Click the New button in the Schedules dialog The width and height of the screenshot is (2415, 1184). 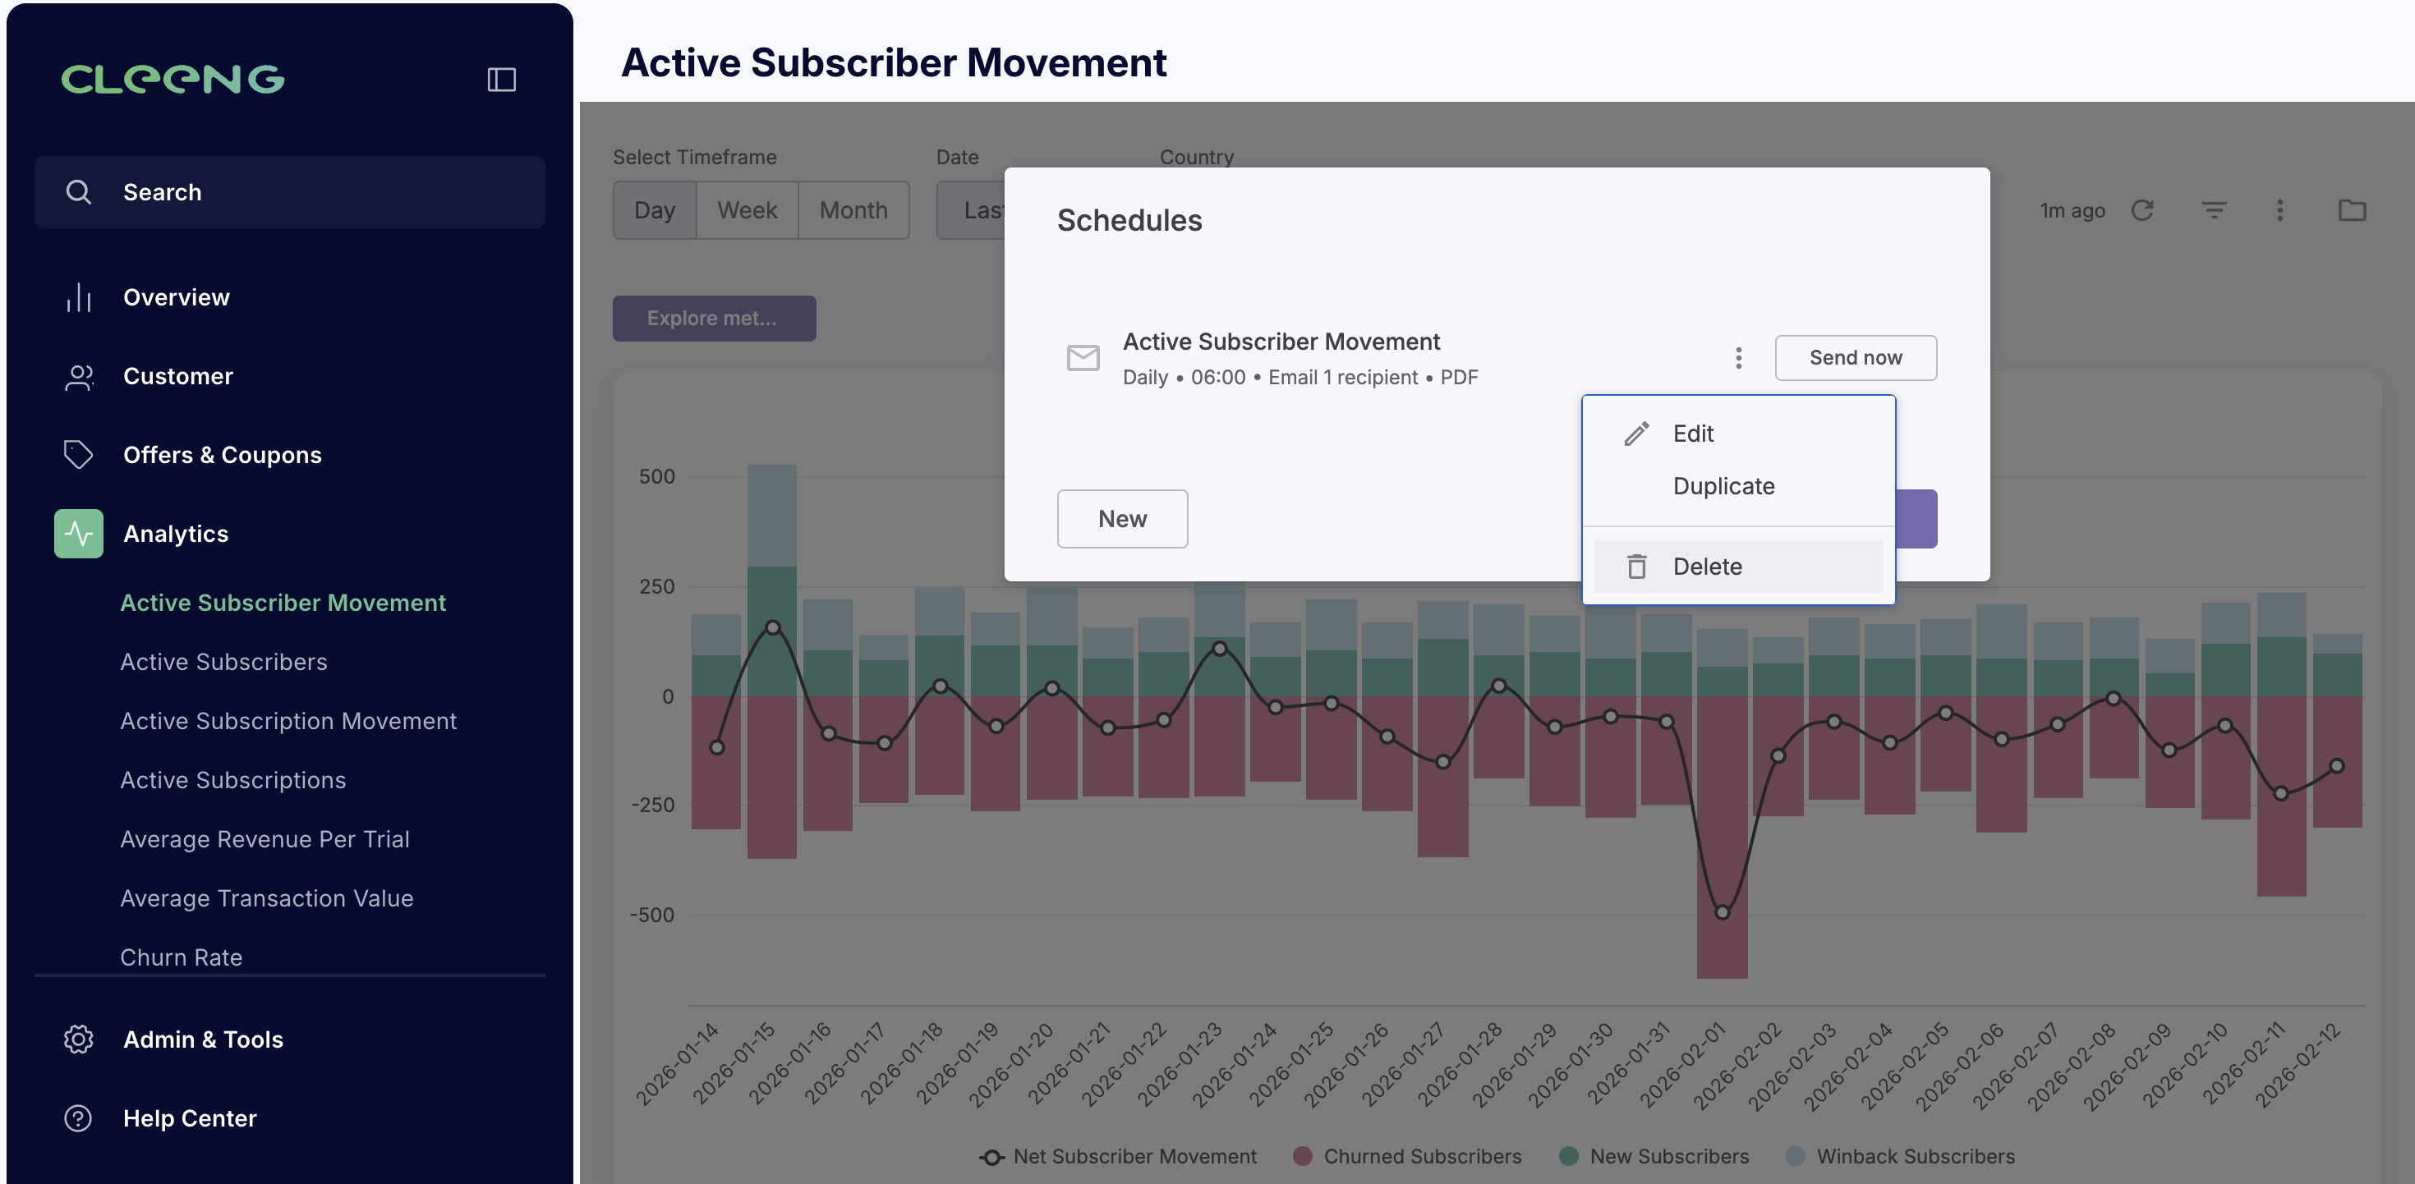pos(1122,518)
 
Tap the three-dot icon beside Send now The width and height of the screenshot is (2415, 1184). pos(1738,357)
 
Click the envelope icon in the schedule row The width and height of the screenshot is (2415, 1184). pos(1083,357)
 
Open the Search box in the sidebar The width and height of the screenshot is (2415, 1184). pos(290,192)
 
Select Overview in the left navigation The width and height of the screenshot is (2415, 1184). pos(177,297)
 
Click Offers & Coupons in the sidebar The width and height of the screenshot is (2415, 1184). pos(222,455)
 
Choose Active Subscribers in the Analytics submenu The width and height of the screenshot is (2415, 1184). pos(223,662)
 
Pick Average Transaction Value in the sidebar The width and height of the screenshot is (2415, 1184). pos(266,898)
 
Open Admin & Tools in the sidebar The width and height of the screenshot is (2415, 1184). pos(203,1039)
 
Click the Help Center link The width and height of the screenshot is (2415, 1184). pos(190,1118)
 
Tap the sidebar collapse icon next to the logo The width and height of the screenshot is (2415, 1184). pos(502,80)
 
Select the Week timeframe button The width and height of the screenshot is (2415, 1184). pos(747,210)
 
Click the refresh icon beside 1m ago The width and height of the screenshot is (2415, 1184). pos(2142,210)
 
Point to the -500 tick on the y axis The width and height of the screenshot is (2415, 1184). pos(652,915)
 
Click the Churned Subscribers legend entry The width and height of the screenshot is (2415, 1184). pos(1407,1156)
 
